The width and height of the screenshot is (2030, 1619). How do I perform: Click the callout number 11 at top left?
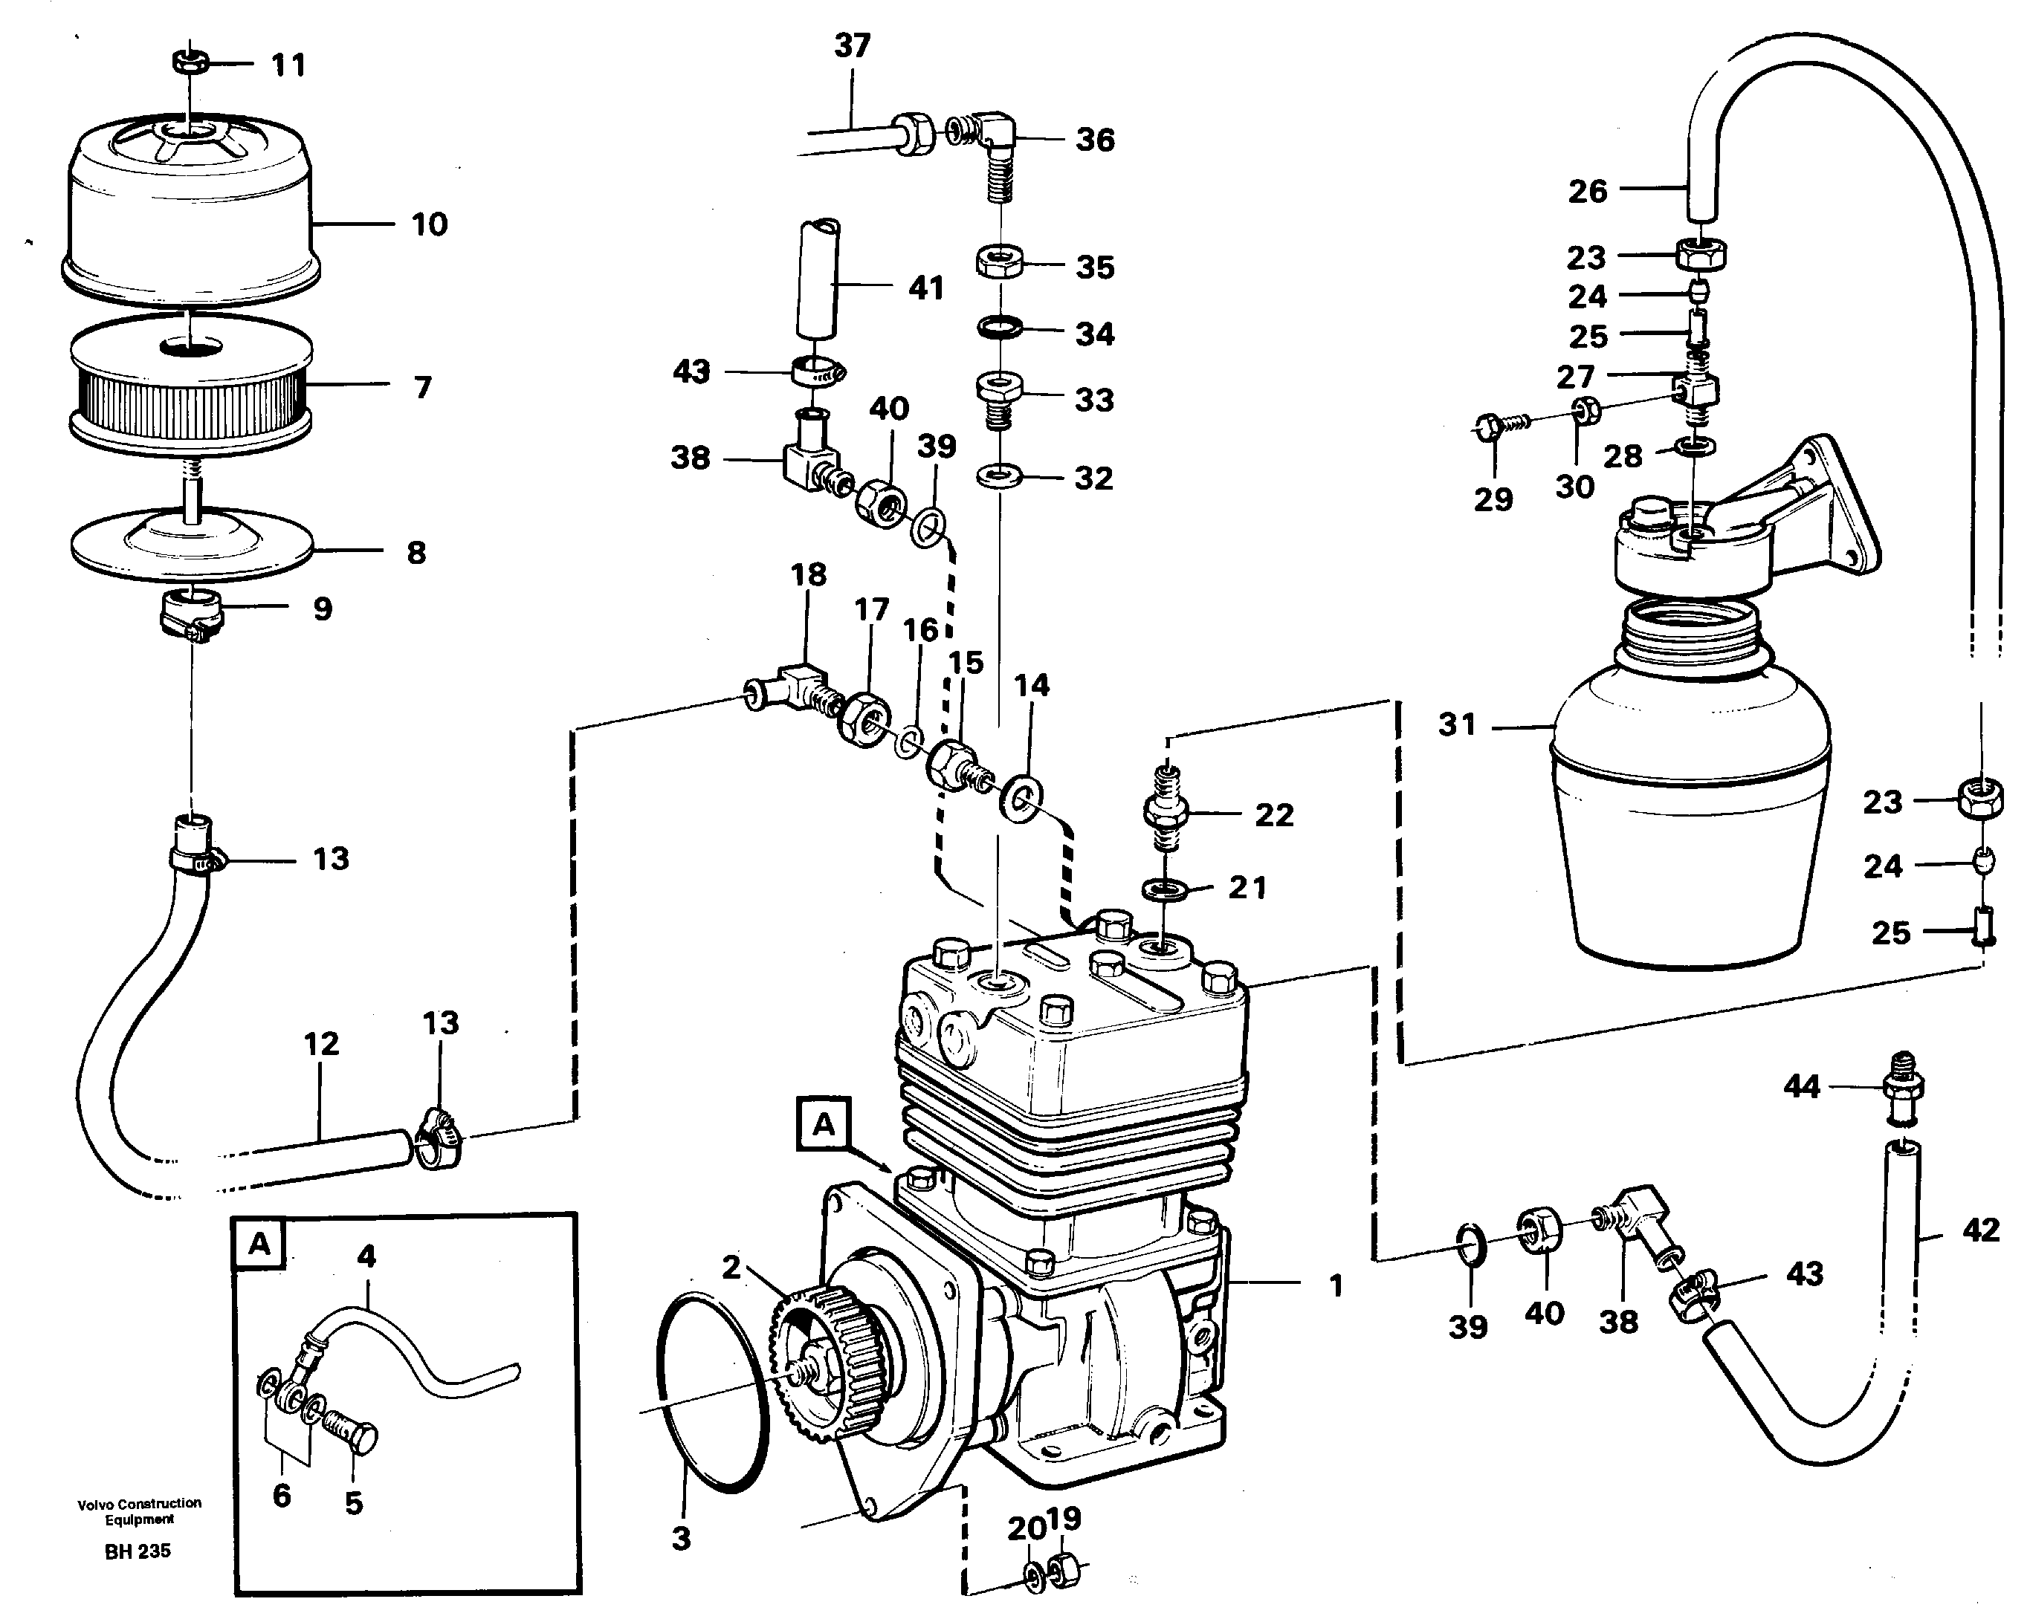tap(288, 66)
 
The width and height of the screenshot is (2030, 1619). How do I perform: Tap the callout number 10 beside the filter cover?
tap(430, 225)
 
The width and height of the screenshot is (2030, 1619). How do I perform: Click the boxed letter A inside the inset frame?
tap(259, 1245)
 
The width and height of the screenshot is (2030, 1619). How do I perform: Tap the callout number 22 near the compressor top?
tap(1274, 815)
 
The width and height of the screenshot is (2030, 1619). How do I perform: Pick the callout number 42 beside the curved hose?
tap(1981, 1230)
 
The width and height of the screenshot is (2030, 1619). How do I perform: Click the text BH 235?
tap(138, 1551)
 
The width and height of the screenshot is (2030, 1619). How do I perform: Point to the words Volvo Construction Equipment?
tap(139, 1511)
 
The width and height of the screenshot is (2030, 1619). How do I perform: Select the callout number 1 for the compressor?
tap(1335, 1286)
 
